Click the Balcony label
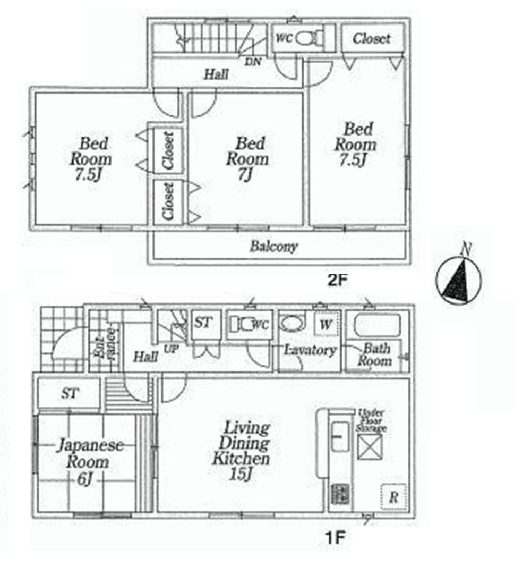(x=274, y=247)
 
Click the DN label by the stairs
(x=253, y=62)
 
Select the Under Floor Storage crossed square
(x=370, y=445)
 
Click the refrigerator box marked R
(x=393, y=497)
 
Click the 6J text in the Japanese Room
(x=87, y=479)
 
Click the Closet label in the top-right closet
(x=372, y=38)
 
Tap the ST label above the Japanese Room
(x=69, y=394)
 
